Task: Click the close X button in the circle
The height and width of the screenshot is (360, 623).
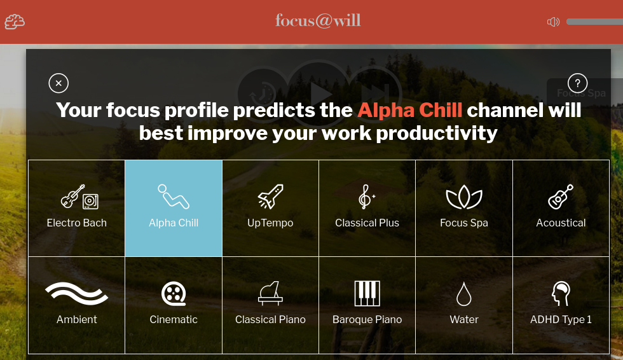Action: pos(58,83)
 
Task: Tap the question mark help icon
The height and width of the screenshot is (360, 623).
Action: pos(577,83)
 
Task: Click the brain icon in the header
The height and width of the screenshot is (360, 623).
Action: pos(14,22)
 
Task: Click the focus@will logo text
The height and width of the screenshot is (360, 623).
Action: pos(318,20)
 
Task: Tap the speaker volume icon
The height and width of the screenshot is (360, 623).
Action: pos(553,22)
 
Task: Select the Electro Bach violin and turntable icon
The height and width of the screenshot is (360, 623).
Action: pos(79,197)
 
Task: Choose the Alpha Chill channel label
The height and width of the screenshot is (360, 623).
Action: pos(174,223)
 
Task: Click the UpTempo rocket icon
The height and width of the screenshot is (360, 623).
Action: pos(271,197)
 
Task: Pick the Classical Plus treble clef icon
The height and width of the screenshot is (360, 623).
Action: pos(367,197)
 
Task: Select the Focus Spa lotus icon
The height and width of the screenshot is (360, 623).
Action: pos(464,197)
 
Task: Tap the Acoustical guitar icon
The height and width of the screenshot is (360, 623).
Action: pos(561,197)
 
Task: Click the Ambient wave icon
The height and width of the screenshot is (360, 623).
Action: pos(77,294)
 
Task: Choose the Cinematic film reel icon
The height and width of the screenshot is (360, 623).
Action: pos(174,294)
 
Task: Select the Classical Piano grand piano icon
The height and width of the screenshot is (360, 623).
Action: pos(271,293)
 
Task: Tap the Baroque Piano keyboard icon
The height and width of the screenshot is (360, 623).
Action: pos(367,293)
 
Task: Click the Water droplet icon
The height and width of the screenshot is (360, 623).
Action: pos(463,294)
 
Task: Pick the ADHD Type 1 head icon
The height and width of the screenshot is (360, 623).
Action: pos(561,294)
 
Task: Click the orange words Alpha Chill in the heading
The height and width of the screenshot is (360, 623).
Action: pos(409,110)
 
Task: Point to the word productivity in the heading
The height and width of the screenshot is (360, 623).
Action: pos(437,134)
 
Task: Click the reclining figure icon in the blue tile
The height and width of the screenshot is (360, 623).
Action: pos(174,197)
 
